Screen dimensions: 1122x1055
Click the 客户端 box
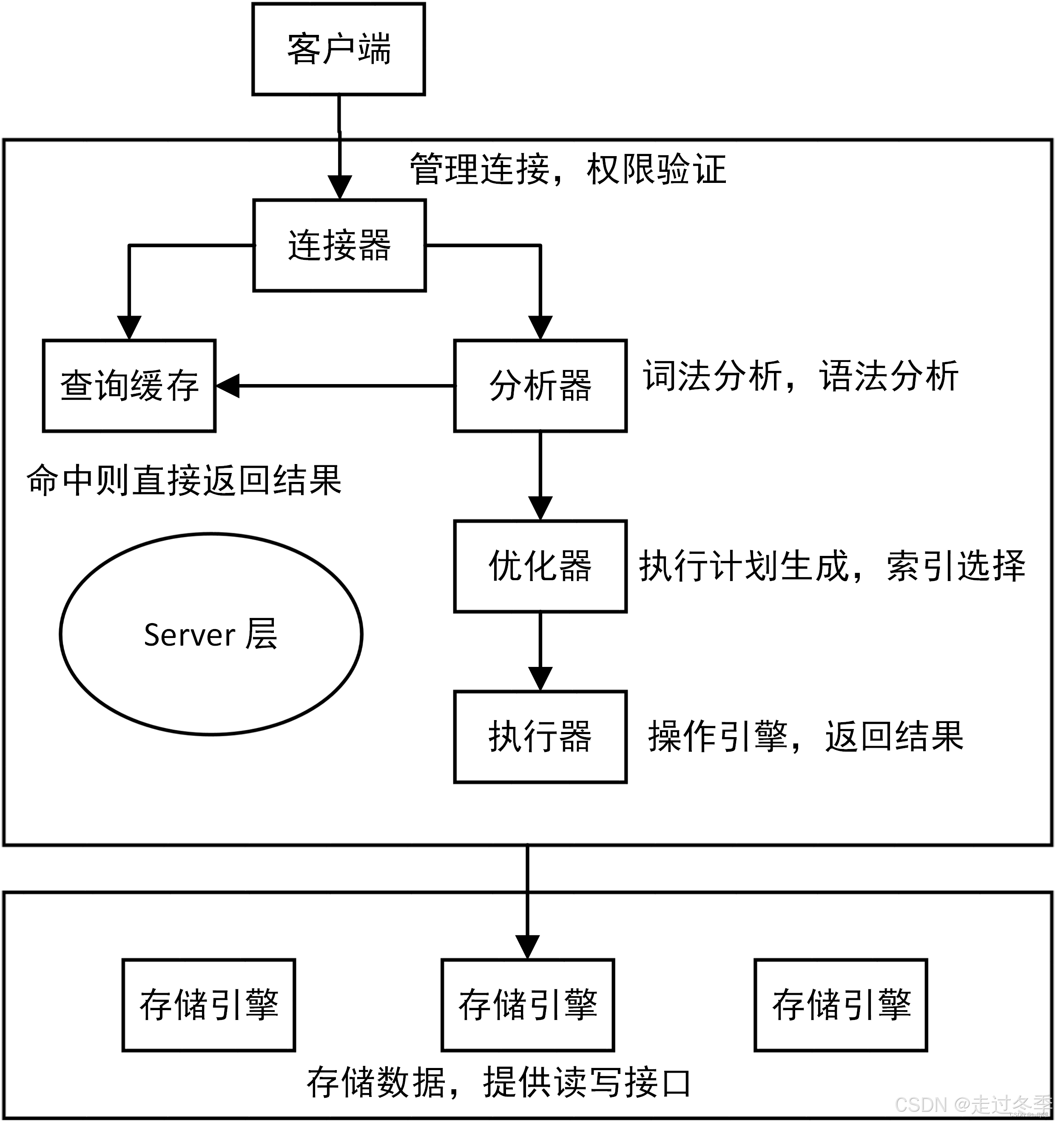pyautogui.click(x=338, y=49)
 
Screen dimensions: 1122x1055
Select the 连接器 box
pyautogui.click(x=339, y=245)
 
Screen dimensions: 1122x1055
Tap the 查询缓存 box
pyautogui.click(x=129, y=386)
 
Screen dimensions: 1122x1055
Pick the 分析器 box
pyautogui.click(x=540, y=386)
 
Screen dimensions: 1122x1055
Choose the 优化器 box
pyautogui.click(x=540, y=566)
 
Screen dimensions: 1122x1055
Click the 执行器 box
pyautogui.click(x=540, y=737)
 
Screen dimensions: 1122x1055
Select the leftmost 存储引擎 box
pyautogui.click(x=209, y=1005)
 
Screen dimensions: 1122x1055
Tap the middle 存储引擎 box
pyautogui.click(x=527, y=1005)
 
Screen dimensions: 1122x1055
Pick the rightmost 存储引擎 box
pyautogui.click(x=841, y=1005)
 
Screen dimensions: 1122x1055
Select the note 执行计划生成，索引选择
pyautogui.click(x=832, y=566)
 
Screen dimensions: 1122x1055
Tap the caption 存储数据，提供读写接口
pyautogui.click(x=499, y=1082)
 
